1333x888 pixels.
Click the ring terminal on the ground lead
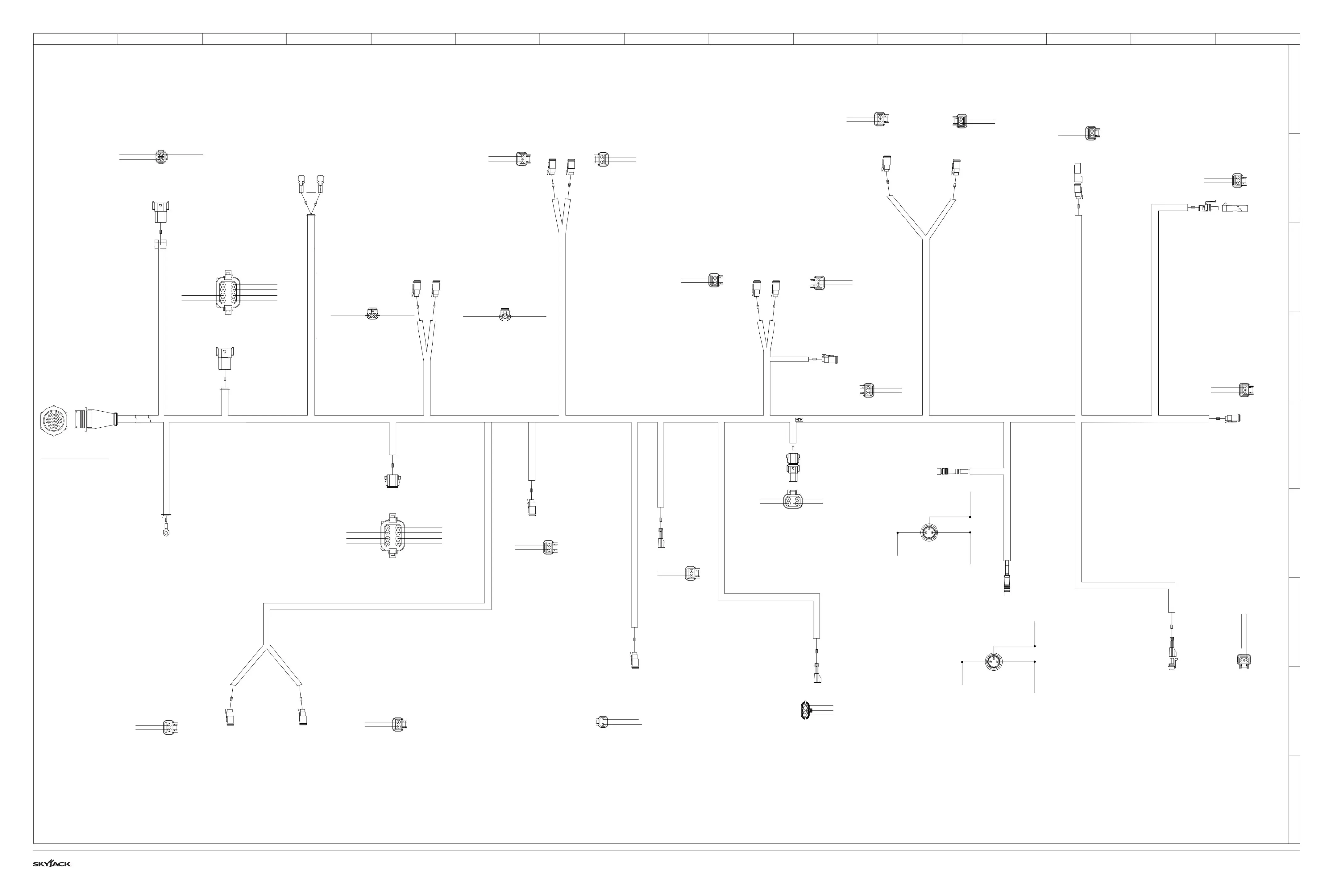tap(166, 532)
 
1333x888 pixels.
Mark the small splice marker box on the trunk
tap(800, 420)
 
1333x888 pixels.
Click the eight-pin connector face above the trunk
tap(228, 292)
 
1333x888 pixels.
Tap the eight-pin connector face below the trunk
tap(392, 536)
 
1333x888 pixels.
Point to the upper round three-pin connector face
tap(928, 532)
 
